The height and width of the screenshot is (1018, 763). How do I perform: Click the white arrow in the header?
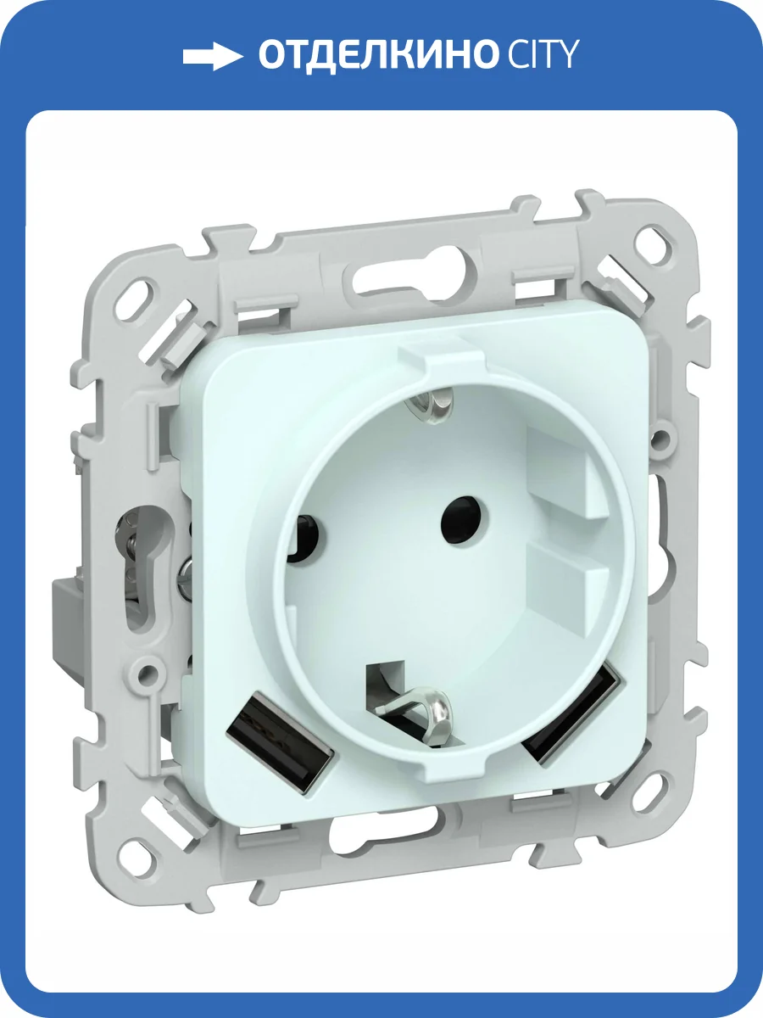point(212,56)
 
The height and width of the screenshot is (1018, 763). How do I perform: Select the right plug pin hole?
point(459,512)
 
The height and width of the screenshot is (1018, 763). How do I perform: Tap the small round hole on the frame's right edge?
point(662,439)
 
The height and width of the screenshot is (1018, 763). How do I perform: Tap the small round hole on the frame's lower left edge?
point(150,675)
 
